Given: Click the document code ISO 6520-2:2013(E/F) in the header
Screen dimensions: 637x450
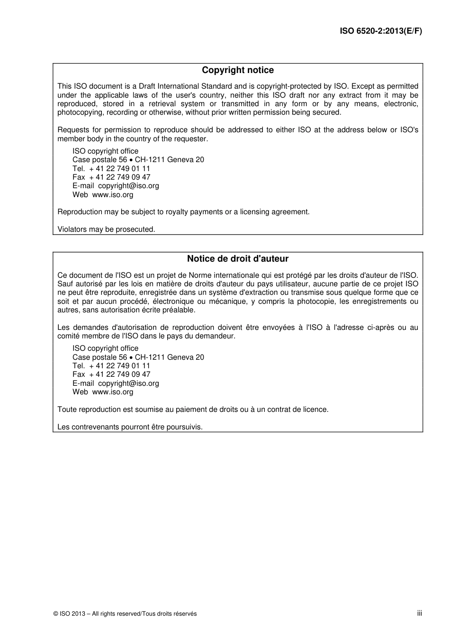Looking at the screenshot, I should pyautogui.click(x=381, y=31).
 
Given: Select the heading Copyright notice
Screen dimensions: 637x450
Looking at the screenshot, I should pyautogui.click(x=238, y=70).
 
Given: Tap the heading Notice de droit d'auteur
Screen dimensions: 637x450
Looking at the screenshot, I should pyautogui.click(x=238, y=259).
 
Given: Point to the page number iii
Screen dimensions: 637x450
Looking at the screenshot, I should pyautogui.click(x=419, y=613).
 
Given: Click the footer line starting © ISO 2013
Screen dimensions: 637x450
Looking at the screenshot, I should pyautogui.click(x=125, y=614).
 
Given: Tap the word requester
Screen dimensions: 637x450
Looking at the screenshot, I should pyautogui.click(x=191, y=139).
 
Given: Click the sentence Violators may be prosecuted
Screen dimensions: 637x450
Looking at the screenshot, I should pyautogui.click(x=106, y=229).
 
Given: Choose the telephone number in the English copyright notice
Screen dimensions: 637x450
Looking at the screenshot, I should pyautogui.click(x=119, y=169).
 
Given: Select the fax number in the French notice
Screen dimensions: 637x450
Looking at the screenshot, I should pyautogui.click(x=119, y=374).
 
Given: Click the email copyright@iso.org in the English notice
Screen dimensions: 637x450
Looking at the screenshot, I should pyautogui.click(x=128, y=186).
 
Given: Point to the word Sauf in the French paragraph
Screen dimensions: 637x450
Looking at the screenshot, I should pyautogui.click(x=65, y=284).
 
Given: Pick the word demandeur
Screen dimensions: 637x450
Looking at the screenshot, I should pyautogui.click(x=216, y=336).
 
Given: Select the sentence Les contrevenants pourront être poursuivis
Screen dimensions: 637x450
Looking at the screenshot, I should pyautogui.click(x=130, y=427).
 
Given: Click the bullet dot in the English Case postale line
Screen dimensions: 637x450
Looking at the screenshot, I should pyautogui.click(x=131, y=160).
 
